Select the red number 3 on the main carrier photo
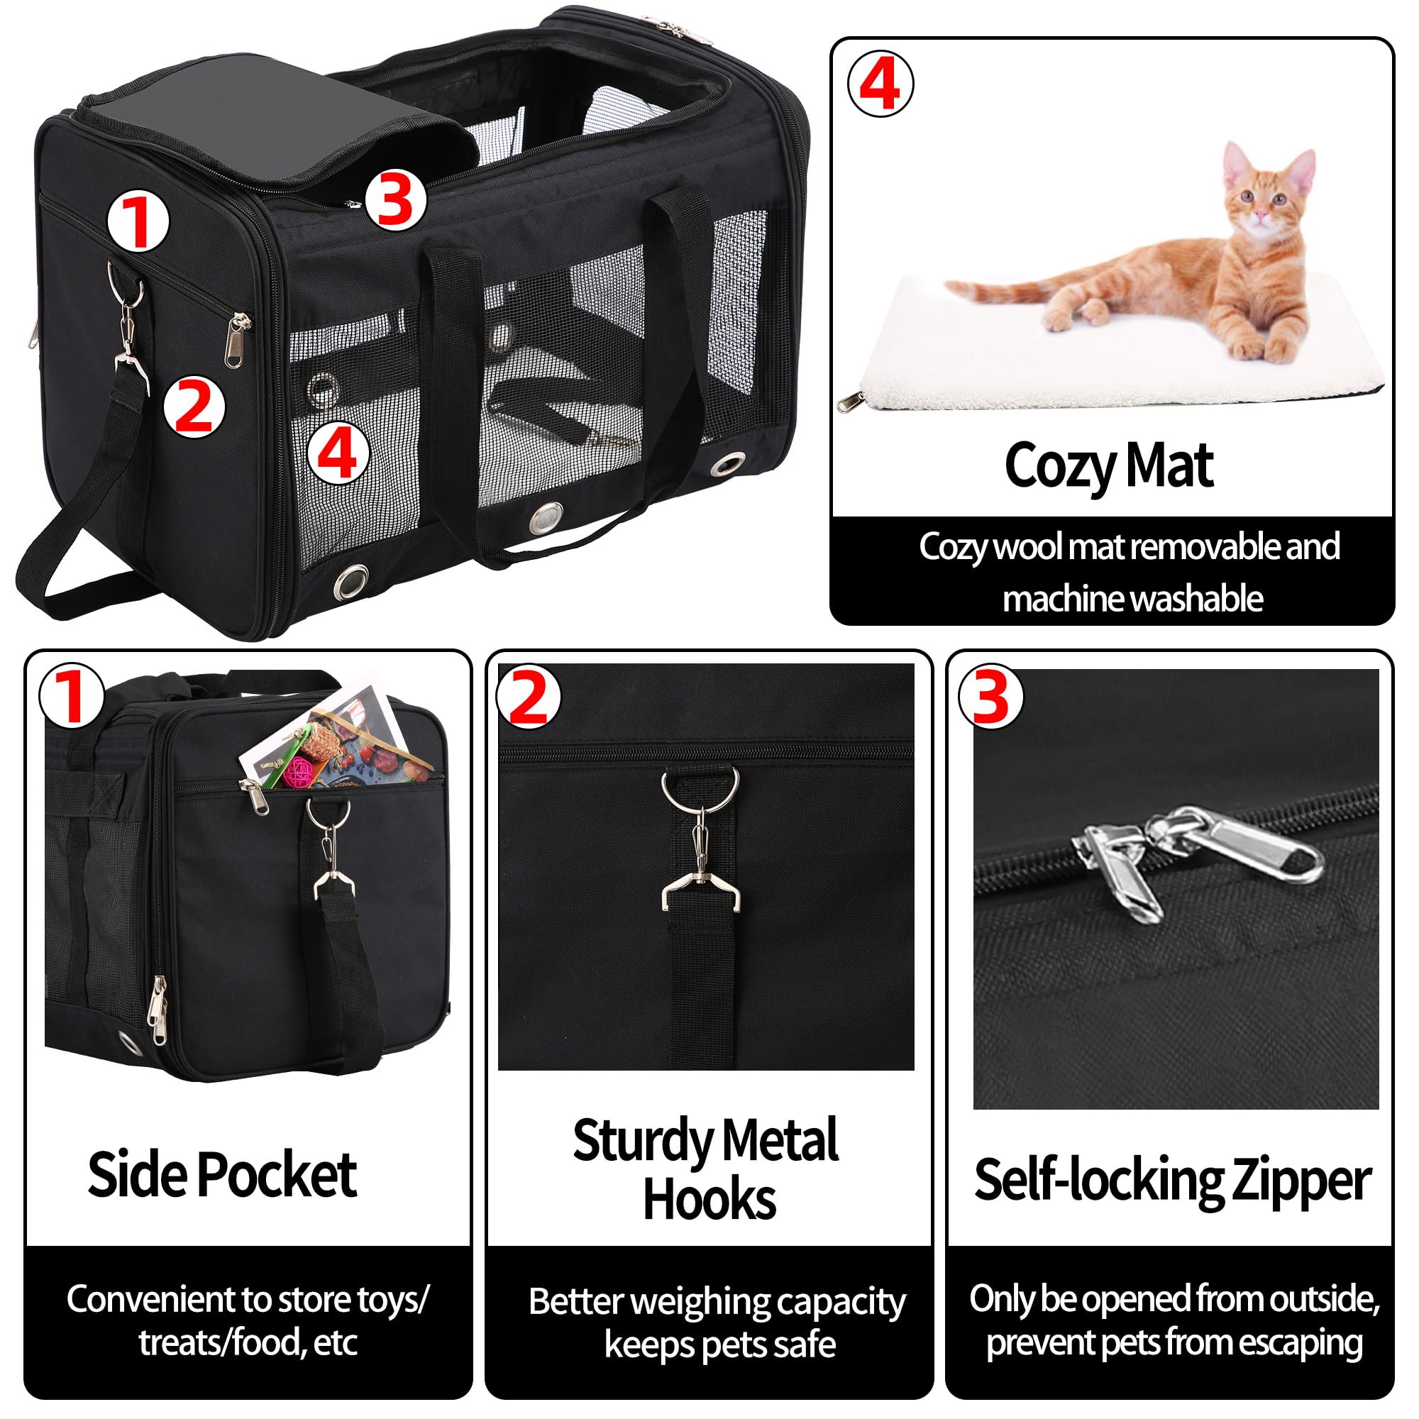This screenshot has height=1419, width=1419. (395, 200)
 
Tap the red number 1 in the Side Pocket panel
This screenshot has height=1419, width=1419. (71, 695)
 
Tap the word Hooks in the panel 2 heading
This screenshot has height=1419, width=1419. (709, 1200)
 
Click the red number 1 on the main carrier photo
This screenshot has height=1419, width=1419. (138, 221)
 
